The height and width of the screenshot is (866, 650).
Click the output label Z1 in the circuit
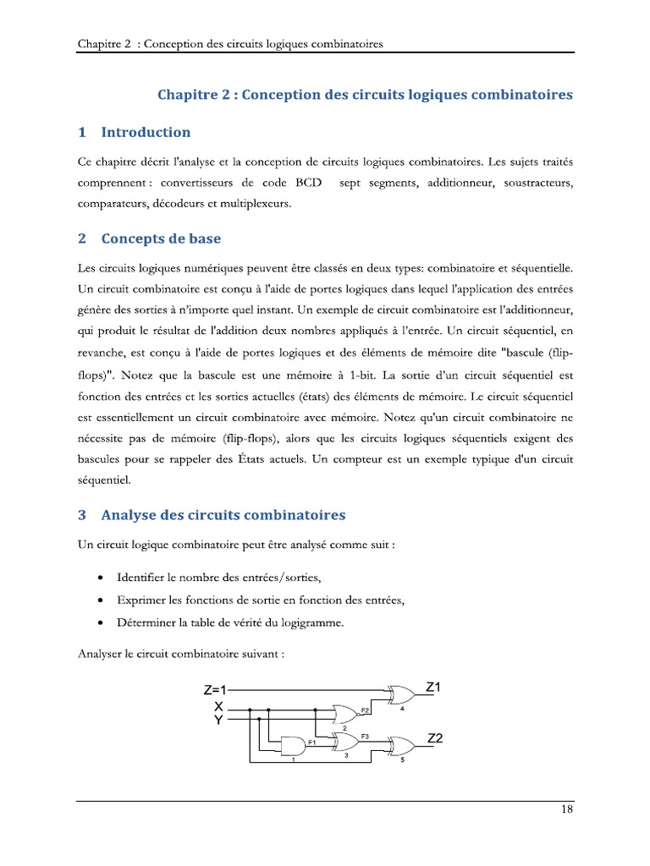coord(434,688)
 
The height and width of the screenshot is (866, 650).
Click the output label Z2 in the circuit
coord(435,738)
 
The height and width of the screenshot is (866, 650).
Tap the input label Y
coord(218,720)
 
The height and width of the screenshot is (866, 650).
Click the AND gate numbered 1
coord(293,745)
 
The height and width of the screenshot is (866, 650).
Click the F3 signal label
coord(365,737)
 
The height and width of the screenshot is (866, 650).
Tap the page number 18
coord(566,809)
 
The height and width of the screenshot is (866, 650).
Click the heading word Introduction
coord(146,132)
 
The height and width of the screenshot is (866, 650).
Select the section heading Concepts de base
coord(161,238)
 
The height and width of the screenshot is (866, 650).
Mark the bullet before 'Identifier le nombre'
coord(101,578)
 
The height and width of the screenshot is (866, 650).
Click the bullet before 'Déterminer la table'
coord(101,623)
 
